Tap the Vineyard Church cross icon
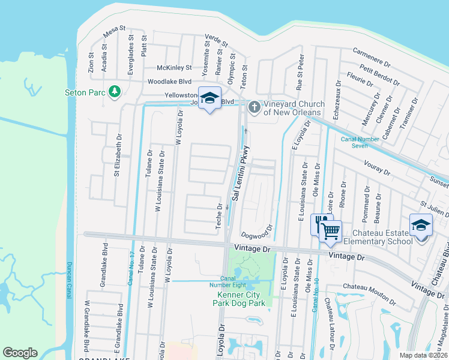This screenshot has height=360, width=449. click(x=255, y=107)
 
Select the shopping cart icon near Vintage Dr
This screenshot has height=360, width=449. click(x=330, y=230)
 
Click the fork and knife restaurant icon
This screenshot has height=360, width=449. click(x=320, y=224)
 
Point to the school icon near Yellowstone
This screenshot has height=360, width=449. click(x=209, y=98)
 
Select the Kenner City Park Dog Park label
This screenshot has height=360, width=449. click(x=240, y=299)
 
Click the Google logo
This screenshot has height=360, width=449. click(x=20, y=352)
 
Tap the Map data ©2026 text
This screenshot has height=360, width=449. click(x=423, y=355)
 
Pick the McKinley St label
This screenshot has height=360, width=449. click(x=174, y=67)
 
